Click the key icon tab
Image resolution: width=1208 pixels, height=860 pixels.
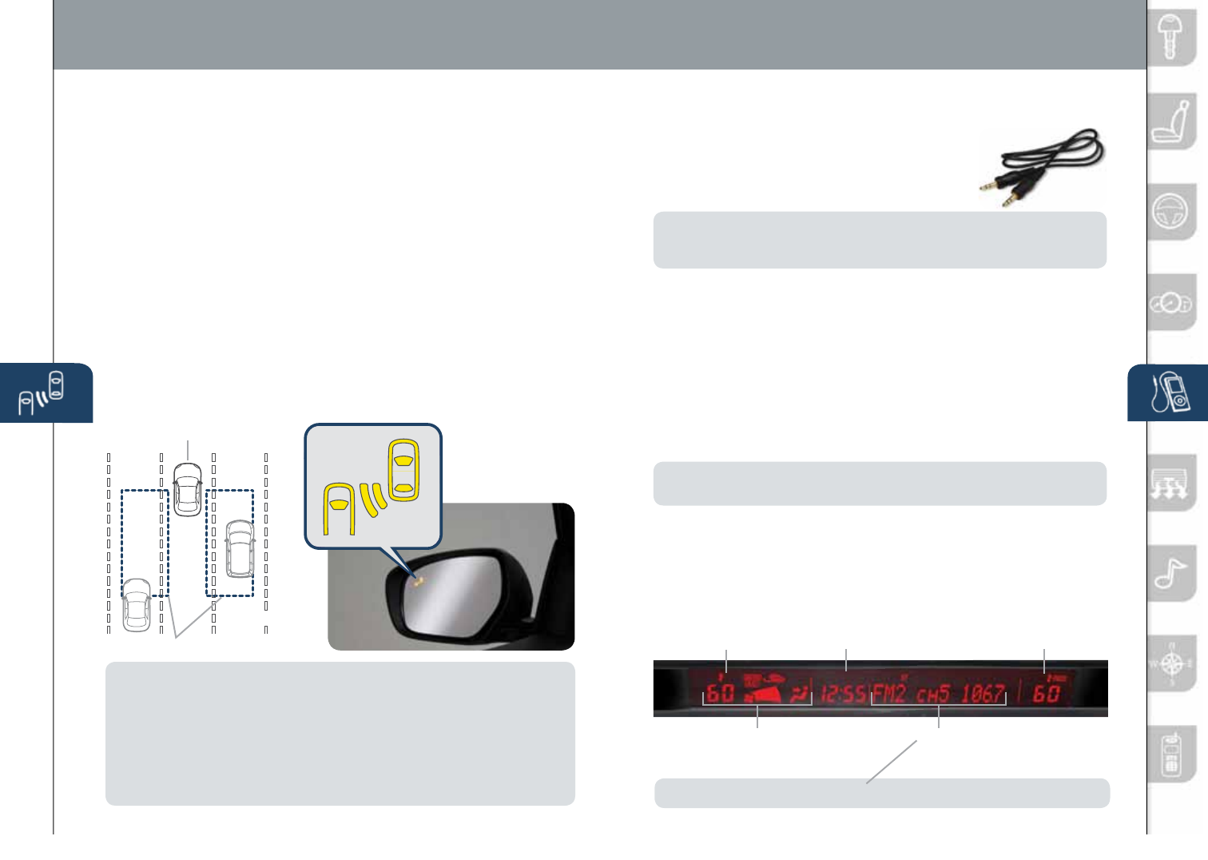click(1172, 37)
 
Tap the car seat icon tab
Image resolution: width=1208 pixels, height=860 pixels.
click(1172, 122)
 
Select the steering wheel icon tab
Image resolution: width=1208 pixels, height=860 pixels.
click(1172, 212)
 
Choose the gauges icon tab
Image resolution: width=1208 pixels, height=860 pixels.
click(1172, 303)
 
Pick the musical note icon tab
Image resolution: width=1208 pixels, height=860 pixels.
click(1172, 573)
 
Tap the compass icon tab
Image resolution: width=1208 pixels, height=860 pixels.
click(1172, 663)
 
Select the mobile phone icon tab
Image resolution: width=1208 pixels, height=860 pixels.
click(1172, 754)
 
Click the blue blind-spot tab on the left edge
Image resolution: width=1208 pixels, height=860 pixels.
click(46, 392)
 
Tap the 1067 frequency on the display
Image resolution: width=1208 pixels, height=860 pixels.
click(982, 693)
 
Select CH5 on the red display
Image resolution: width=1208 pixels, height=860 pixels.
click(932, 694)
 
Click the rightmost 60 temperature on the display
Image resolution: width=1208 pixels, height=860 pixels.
click(1047, 692)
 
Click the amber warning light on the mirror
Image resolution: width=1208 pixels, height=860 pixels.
click(419, 581)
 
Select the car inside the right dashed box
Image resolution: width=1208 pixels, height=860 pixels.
click(239, 549)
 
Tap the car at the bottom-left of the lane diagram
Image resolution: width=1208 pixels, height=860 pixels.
click(137, 605)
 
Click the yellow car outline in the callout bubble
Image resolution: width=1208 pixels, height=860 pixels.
click(404, 469)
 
